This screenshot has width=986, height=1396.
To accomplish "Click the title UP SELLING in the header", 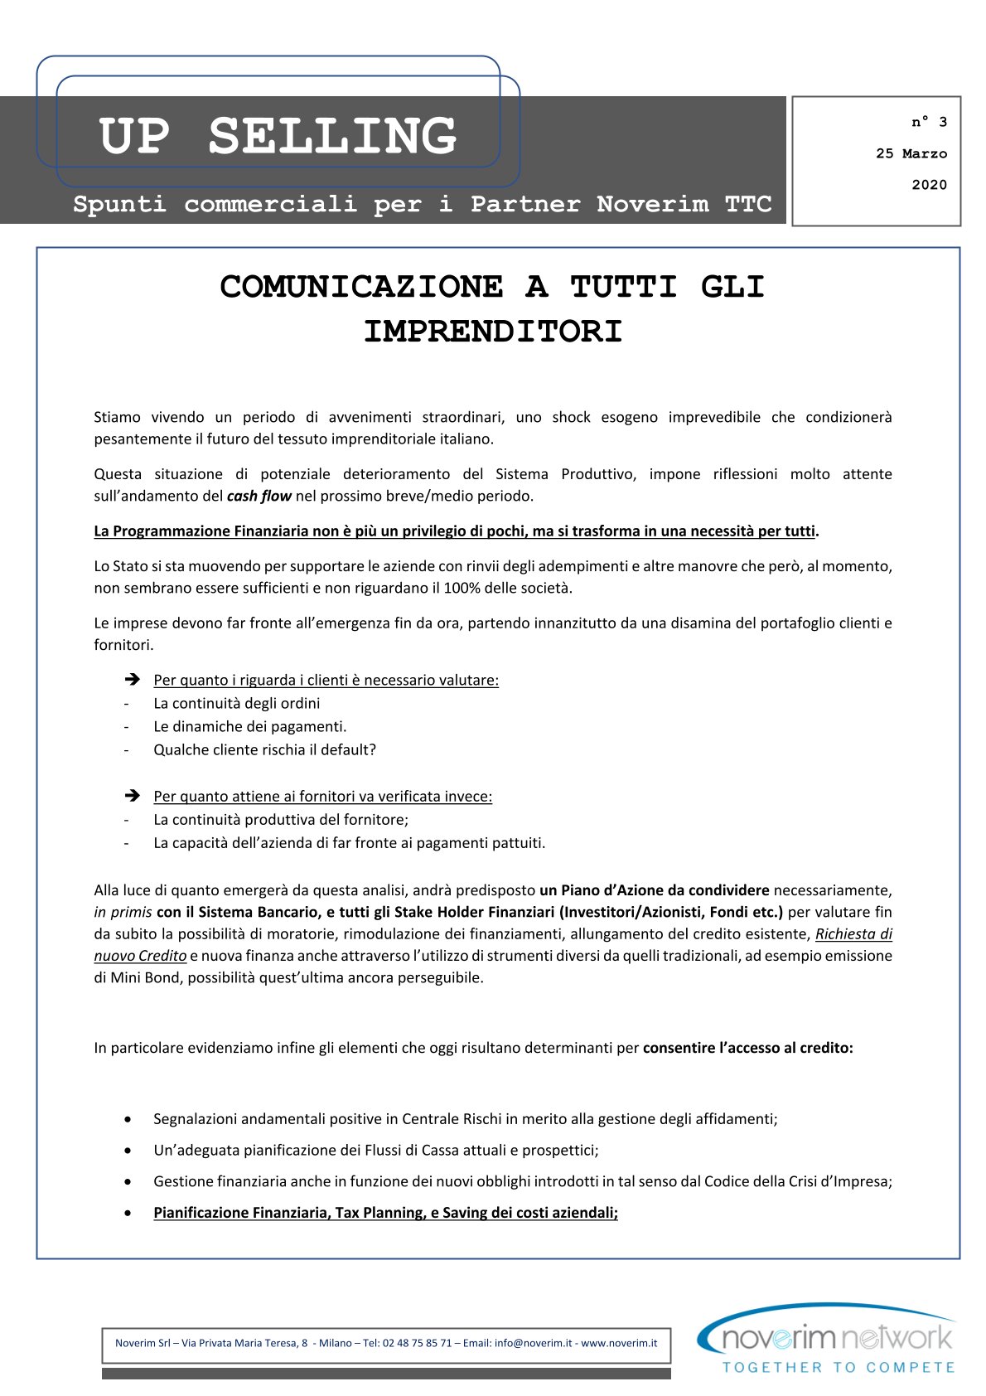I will coord(278,136).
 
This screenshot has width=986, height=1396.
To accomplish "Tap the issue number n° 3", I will coord(929,122).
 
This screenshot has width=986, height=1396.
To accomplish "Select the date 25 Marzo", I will coord(911,153).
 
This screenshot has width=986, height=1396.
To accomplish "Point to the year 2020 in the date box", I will coord(929,185).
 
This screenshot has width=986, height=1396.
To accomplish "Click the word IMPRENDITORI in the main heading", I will coord(493,332).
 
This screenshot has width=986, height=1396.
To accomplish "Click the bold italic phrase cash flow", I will coord(259,496).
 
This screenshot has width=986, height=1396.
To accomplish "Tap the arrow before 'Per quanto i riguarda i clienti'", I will coord(132,680).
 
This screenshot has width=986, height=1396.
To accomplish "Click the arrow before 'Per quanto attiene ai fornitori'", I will coord(132,796).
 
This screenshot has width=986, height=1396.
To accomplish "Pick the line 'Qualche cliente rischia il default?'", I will coord(264,749).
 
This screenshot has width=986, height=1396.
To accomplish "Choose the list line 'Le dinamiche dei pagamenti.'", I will coord(249,726).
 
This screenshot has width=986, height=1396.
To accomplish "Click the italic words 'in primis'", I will coord(123,912).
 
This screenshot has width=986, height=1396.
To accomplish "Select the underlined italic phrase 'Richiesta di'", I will coord(853,933).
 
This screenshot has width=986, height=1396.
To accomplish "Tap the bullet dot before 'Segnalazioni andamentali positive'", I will coord(128,1119).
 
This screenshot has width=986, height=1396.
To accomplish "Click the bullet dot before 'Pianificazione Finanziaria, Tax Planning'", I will coord(128,1213).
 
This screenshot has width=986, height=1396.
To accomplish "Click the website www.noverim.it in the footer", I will coord(619,1343).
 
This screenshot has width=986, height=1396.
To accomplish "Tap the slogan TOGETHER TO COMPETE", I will coord(838,1367).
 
